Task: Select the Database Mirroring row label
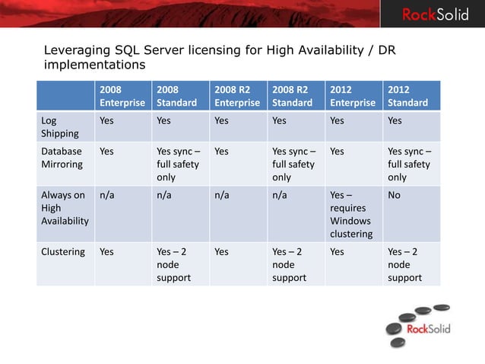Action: point(62,158)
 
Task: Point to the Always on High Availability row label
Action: point(65,208)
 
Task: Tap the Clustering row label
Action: point(63,251)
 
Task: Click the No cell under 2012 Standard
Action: point(395,195)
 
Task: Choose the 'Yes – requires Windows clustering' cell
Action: point(351,214)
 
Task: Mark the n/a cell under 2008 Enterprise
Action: point(107,195)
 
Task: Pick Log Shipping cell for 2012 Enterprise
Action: point(338,120)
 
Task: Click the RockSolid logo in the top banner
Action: point(435,14)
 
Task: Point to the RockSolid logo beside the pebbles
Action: point(428,329)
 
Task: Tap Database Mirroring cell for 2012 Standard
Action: point(409,164)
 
